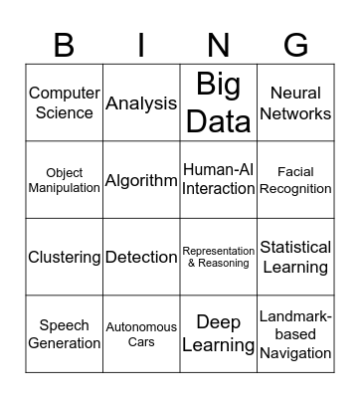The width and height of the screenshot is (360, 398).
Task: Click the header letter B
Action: tap(64, 46)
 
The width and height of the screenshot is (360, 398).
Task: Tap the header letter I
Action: tap(141, 46)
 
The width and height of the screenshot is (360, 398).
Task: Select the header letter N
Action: tap(218, 46)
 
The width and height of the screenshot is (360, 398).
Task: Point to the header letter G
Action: tap(295, 46)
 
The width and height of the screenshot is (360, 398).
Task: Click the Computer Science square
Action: tap(64, 102)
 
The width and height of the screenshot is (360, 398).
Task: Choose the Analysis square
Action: tap(141, 102)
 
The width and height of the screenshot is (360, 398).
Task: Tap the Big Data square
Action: tap(218, 102)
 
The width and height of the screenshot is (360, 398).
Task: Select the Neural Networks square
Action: tap(295, 102)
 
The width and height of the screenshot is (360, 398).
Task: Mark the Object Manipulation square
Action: tap(64, 180)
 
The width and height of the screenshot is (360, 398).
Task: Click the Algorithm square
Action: tap(141, 180)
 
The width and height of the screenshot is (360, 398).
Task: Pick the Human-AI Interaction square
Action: tap(218, 180)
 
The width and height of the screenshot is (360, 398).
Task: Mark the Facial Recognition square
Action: tap(295, 180)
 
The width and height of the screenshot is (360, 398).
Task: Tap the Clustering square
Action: tap(64, 257)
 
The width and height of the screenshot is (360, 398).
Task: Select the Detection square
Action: tap(141, 257)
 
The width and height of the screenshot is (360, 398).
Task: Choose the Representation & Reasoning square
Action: tap(218, 257)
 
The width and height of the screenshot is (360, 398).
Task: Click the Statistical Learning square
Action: tap(295, 257)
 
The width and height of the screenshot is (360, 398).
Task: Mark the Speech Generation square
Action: tap(64, 334)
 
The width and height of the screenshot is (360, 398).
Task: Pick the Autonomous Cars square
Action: tap(141, 334)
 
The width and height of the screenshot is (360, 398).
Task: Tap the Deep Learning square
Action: tap(218, 334)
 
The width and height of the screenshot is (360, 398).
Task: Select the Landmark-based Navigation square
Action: tap(295, 334)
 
